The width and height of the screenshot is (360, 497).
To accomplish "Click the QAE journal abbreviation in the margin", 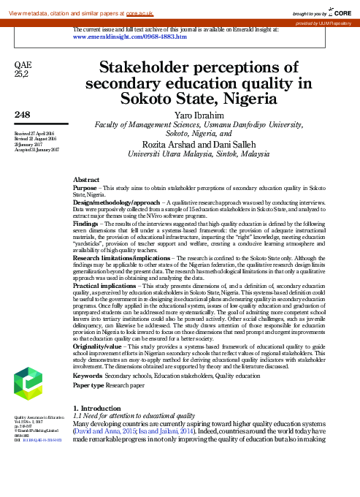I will pos(23,66).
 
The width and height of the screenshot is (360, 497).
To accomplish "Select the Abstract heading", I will pos(87,178).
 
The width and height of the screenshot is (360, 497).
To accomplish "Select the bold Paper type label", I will pos(88,384).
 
